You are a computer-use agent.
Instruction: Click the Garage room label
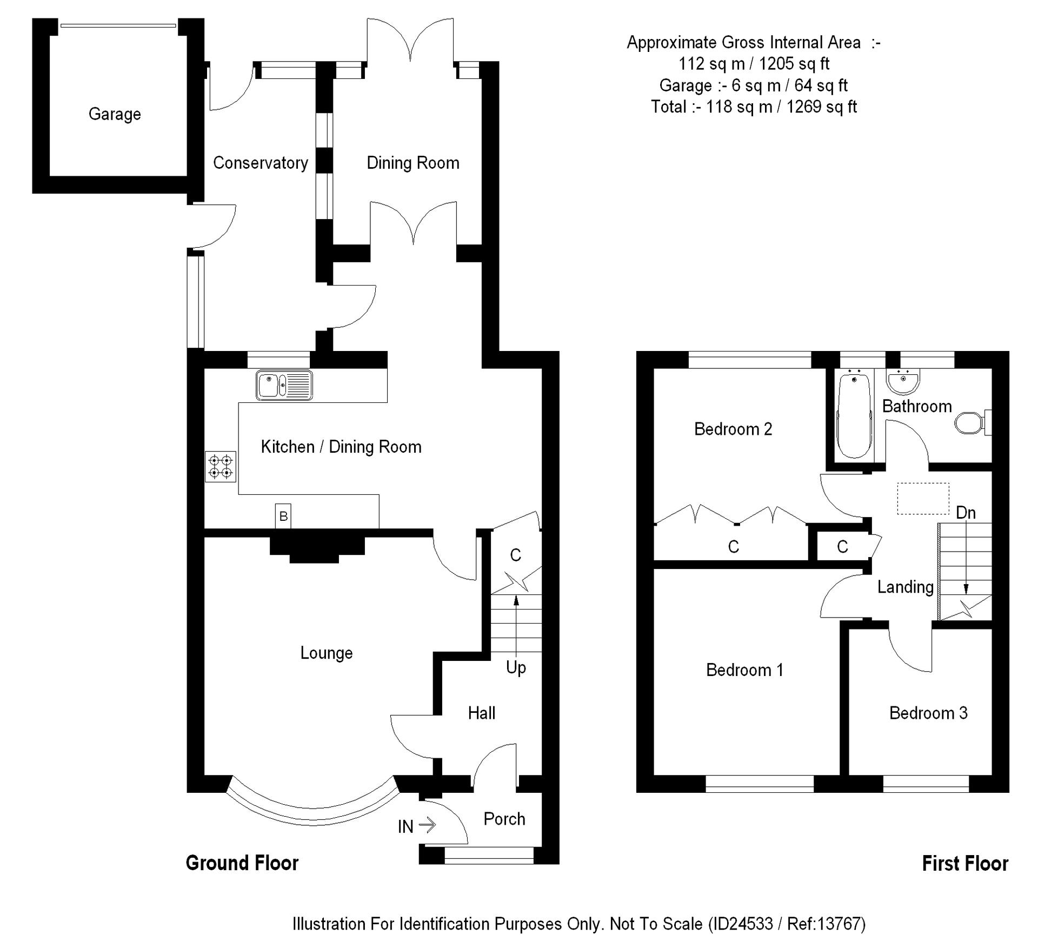click(115, 114)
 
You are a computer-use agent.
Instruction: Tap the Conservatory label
click(260, 163)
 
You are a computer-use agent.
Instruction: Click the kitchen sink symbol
click(284, 385)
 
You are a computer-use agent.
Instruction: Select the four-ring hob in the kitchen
click(221, 466)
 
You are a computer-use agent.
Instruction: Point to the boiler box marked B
click(283, 516)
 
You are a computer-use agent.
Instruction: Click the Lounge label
click(326, 653)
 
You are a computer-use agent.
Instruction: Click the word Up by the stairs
click(516, 667)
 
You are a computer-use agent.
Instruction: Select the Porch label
click(504, 819)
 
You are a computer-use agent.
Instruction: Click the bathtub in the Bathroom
click(854, 415)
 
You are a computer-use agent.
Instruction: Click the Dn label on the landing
click(966, 512)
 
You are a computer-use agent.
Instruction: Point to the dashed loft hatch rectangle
click(923, 498)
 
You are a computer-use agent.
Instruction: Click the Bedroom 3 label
click(928, 713)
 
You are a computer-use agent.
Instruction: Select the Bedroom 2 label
click(733, 429)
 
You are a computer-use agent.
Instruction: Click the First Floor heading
click(964, 864)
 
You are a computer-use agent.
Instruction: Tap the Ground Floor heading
click(242, 863)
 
